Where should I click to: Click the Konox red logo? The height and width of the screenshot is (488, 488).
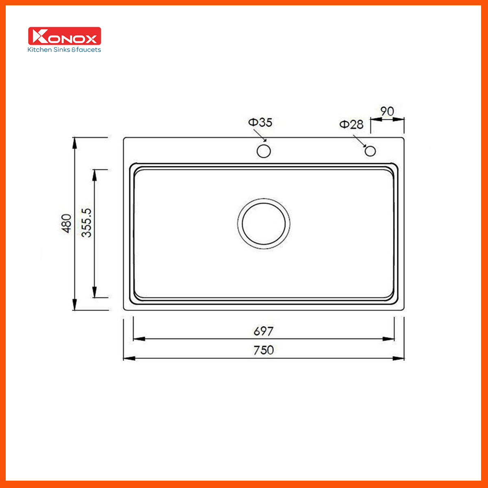click(64, 36)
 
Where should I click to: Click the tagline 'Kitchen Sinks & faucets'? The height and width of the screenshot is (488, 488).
click(64, 50)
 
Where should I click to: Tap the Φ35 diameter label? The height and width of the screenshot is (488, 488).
click(260, 122)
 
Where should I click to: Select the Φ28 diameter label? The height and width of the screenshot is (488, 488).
click(351, 124)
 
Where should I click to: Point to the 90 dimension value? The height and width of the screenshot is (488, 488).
click(387, 111)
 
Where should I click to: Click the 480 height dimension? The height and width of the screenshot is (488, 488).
click(66, 223)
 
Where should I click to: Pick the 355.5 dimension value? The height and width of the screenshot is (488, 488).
click(87, 222)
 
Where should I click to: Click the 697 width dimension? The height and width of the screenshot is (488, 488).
click(264, 331)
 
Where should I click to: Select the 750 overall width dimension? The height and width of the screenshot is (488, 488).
click(264, 350)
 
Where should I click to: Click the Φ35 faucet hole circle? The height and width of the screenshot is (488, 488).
click(264, 151)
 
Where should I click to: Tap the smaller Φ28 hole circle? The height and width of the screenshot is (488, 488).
click(370, 151)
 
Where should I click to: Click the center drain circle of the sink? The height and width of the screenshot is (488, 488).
click(264, 223)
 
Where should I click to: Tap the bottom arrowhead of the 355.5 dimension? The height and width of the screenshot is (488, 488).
click(94, 292)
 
